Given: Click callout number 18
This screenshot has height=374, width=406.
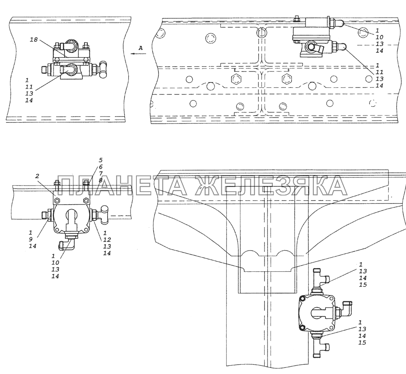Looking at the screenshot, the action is pyautogui.click(x=34, y=40).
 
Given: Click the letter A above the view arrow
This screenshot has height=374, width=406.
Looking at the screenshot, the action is pyautogui.click(x=140, y=48).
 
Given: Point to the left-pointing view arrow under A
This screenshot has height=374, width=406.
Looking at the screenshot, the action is pyautogui.click(x=138, y=54).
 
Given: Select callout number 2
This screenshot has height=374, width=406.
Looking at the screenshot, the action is pyautogui.click(x=37, y=176).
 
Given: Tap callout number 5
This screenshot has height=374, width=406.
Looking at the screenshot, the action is pyautogui.click(x=100, y=160).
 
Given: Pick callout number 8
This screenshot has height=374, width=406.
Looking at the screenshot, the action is pyautogui.click(x=100, y=180).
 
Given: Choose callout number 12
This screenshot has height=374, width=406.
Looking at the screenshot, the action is pyautogui.click(x=107, y=240).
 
